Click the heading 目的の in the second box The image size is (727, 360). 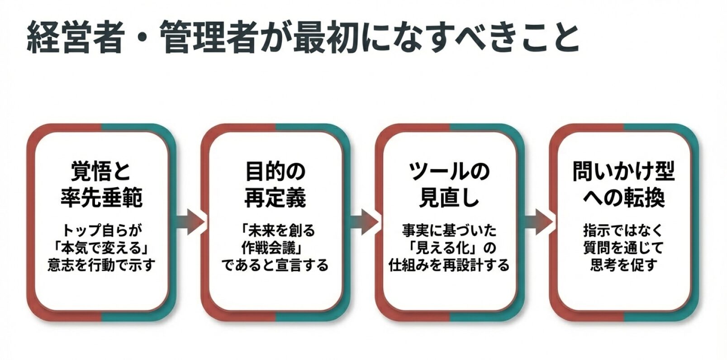click(275, 171)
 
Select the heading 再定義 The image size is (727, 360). click(275, 198)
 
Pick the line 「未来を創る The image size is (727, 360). click(275, 231)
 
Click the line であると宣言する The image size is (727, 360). click(275, 265)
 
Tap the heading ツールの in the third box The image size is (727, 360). click(449, 171)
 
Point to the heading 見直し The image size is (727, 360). click(449, 198)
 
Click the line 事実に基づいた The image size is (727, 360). click(449, 231)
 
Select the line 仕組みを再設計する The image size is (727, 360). click(449, 265)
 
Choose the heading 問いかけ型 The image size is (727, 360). click(623, 171)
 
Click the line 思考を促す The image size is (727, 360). click(623, 265)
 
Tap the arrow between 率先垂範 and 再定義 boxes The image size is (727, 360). click(189, 222)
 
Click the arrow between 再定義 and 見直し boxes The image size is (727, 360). click(363, 222)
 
